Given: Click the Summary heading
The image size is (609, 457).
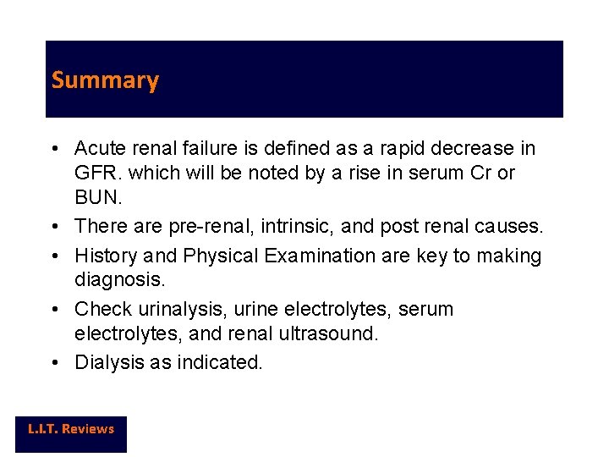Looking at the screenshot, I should [105, 80].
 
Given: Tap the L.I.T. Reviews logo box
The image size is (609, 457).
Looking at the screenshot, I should [71, 430].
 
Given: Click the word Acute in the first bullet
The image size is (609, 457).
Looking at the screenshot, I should [98, 149].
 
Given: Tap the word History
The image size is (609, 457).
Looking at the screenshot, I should [106, 256].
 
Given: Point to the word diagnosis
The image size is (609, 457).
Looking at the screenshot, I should [118, 279].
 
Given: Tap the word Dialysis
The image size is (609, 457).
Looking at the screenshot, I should [108, 363].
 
